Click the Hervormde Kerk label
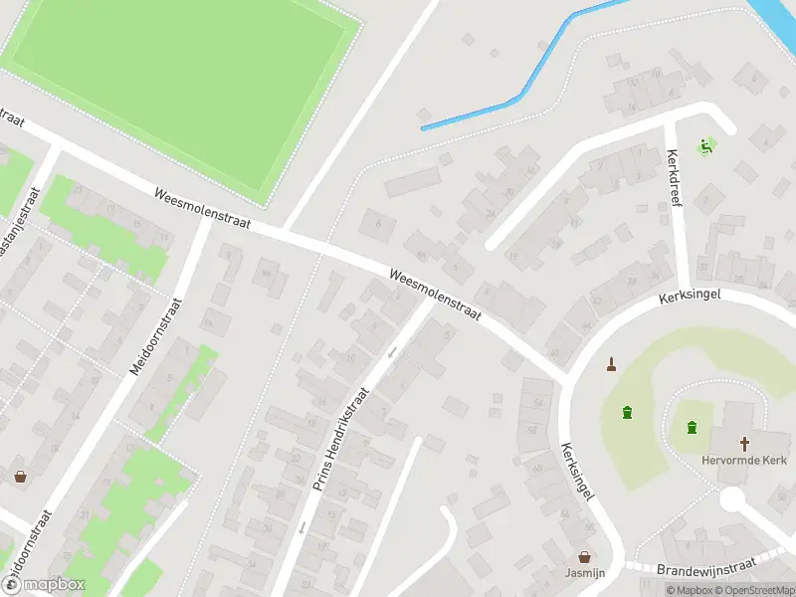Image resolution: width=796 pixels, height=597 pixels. coord(745,462)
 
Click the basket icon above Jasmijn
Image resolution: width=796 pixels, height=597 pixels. coord(584,558)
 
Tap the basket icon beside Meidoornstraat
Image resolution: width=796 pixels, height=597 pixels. coord(20,476)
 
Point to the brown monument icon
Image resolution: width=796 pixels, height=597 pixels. coord(611,364)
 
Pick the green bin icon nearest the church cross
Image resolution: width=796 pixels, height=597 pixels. coord(691,428)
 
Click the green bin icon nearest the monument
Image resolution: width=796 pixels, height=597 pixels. coord(627,412)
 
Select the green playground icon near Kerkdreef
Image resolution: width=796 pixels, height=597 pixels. coord(706,146)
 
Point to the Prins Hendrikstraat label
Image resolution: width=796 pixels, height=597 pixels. coord(341,439)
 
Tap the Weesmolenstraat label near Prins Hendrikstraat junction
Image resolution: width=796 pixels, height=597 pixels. coord(435,294)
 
